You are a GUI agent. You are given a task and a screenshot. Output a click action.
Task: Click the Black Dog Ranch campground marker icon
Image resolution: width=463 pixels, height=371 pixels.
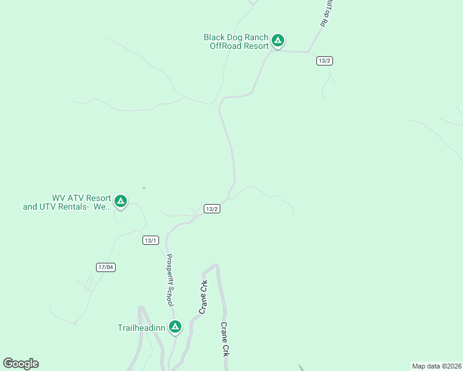(278, 41)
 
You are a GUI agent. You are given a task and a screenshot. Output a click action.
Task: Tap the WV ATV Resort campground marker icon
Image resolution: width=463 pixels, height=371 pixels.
(121, 201)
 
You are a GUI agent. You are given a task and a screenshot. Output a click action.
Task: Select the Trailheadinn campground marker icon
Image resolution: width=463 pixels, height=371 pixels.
(175, 326)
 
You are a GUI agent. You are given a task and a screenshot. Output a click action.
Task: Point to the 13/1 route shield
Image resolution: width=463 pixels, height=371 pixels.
(150, 241)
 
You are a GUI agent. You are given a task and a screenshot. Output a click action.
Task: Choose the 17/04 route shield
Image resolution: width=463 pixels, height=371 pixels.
(106, 267)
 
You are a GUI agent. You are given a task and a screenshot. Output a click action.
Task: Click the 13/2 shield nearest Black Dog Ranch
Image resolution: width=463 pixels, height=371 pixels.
(324, 61)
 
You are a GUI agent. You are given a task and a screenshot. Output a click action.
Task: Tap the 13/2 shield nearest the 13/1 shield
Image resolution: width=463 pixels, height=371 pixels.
(212, 209)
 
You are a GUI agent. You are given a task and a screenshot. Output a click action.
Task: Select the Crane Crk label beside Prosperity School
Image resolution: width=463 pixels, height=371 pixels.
(202, 297)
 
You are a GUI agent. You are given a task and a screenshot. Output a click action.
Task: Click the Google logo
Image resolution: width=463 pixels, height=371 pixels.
(20, 364)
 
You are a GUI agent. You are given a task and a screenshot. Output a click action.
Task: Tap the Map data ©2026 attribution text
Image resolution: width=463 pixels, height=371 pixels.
(436, 366)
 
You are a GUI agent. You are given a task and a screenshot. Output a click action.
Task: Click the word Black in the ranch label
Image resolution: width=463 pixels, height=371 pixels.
(215, 37)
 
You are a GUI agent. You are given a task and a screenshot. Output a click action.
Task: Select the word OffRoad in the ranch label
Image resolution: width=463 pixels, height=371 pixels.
(223, 46)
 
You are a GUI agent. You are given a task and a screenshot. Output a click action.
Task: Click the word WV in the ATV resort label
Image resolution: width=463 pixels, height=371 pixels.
(59, 198)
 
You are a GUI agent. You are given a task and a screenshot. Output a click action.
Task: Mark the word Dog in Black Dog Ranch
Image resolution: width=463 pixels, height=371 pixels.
(236, 37)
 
